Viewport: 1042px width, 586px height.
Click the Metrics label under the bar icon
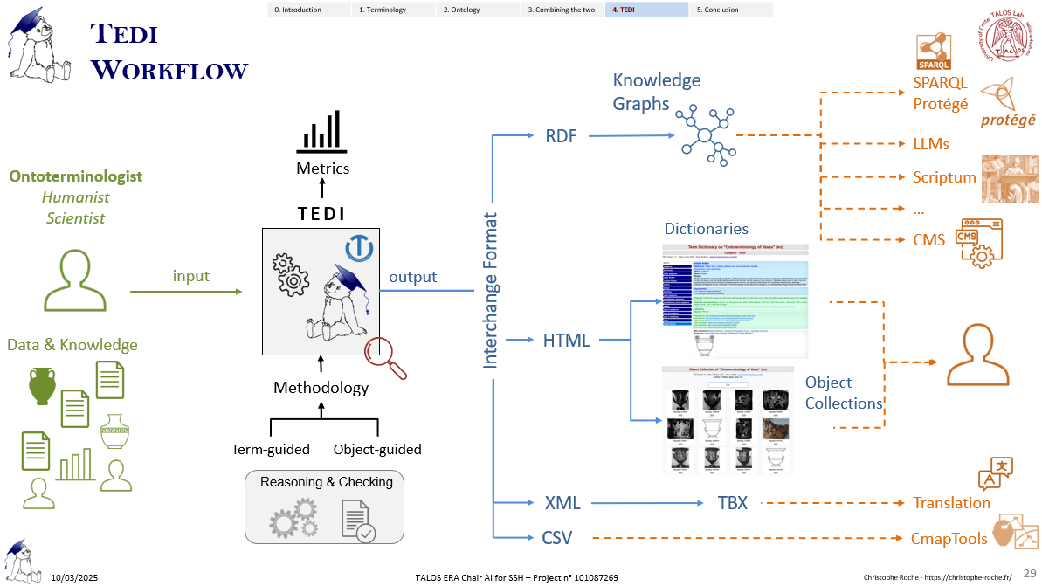tap(322, 168)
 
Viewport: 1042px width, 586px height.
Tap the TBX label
tap(733, 503)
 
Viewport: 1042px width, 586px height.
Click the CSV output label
tap(556, 538)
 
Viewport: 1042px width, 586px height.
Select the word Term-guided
tap(271, 450)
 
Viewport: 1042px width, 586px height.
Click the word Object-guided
tap(377, 450)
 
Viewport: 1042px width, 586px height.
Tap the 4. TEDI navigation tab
tap(647, 10)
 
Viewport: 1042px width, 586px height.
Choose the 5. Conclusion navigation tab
tap(732, 10)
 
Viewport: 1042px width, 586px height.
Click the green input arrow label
tap(191, 276)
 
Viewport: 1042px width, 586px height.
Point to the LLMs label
tap(931, 143)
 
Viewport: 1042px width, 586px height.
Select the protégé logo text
tap(1007, 121)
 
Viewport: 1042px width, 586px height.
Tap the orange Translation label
tap(951, 502)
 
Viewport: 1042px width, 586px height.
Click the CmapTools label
tap(949, 539)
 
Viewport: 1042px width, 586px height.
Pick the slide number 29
tap(1029, 572)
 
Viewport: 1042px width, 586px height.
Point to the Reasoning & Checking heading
tap(327, 482)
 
